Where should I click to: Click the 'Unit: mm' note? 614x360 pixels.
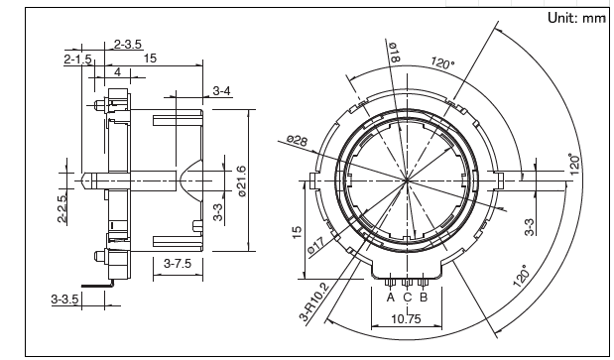576,18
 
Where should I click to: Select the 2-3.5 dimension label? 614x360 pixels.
128,45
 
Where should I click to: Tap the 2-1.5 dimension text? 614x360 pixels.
77,60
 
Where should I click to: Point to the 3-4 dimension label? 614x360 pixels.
221,91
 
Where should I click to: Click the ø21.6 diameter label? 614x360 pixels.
241,181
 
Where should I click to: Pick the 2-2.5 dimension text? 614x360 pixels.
62,208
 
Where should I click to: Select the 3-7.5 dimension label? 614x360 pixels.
178,264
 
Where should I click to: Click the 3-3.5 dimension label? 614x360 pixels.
64,300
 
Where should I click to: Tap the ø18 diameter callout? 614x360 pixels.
394,52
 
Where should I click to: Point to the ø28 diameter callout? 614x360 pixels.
297,140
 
